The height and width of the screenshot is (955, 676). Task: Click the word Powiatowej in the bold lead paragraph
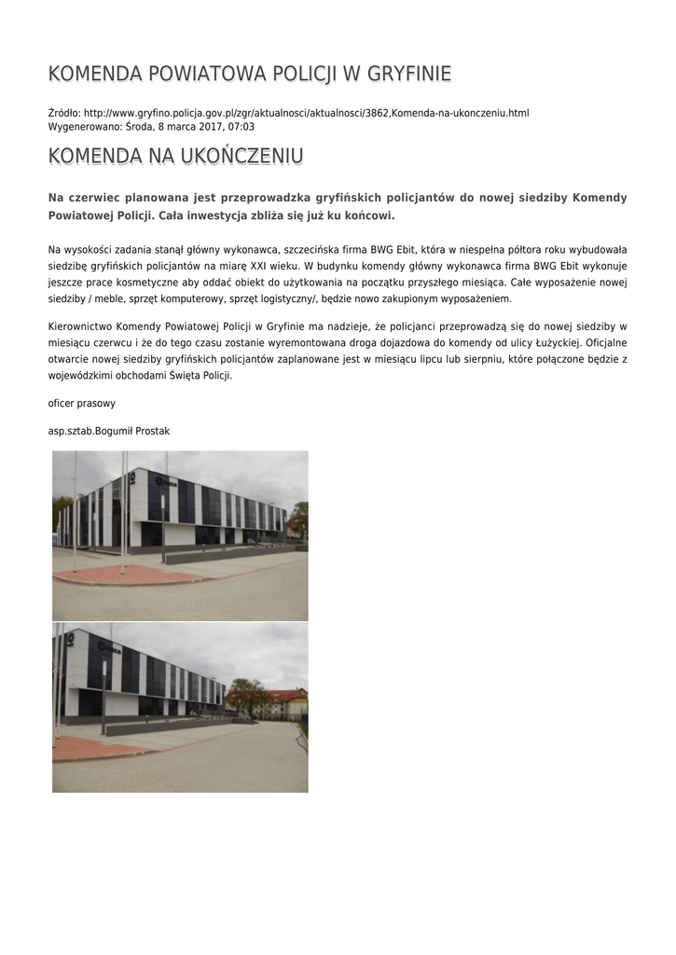tap(86, 215)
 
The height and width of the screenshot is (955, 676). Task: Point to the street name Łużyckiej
tap(556, 342)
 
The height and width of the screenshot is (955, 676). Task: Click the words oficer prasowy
tap(82, 404)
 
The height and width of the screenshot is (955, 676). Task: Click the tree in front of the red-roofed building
tap(246, 696)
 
